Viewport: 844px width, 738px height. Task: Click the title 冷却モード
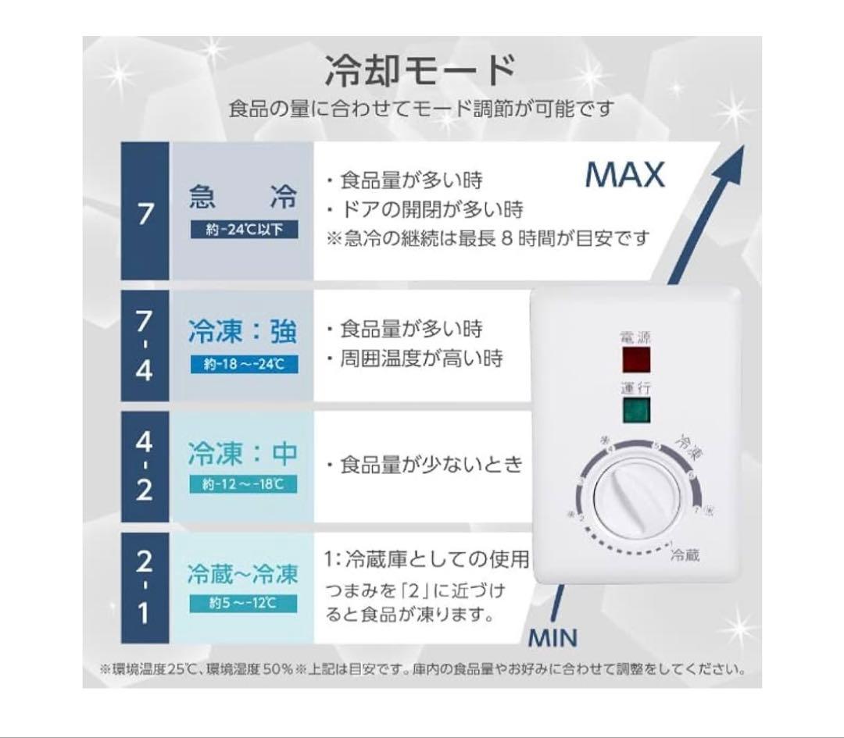click(x=421, y=72)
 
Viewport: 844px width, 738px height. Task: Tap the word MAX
click(x=625, y=175)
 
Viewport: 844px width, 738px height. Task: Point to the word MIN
click(x=553, y=638)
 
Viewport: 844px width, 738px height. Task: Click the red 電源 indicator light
click(x=635, y=359)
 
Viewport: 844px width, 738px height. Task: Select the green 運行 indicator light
click(x=635, y=410)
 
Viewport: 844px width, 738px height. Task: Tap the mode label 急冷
click(x=242, y=197)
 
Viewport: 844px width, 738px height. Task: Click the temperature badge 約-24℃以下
click(x=242, y=230)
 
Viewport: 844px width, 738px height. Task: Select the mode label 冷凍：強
click(x=242, y=331)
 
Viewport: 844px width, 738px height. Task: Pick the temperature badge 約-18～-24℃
click(x=242, y=364)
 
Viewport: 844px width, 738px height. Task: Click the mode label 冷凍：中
click(x=242, y=453)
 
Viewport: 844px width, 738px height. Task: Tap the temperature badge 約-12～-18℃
click(x=242, y=485)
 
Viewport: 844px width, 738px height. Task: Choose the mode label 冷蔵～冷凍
click(x=242, y=575)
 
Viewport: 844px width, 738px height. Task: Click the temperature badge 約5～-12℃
click(x=242, y=604)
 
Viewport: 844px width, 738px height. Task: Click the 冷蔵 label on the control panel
click(x=684, y=556)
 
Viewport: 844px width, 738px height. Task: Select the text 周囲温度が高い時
click(x=415, y=358)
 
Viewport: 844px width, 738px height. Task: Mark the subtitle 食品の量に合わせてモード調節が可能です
click(x=421, y=109)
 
